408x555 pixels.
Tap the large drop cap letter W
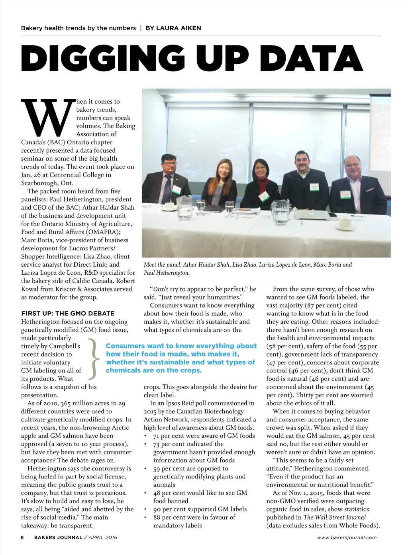[48, 118]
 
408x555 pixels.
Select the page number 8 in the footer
[22, 537]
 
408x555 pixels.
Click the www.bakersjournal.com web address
[347, 537]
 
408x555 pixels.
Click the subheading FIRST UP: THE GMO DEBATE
[68, 313]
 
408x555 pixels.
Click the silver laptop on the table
[312, 215]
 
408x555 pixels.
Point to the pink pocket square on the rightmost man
[370, 190]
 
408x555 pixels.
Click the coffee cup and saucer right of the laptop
[345, 224]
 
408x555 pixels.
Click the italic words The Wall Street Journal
[334, 517]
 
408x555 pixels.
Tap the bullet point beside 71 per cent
[146, 436]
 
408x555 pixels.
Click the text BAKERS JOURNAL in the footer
[58, 537]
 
